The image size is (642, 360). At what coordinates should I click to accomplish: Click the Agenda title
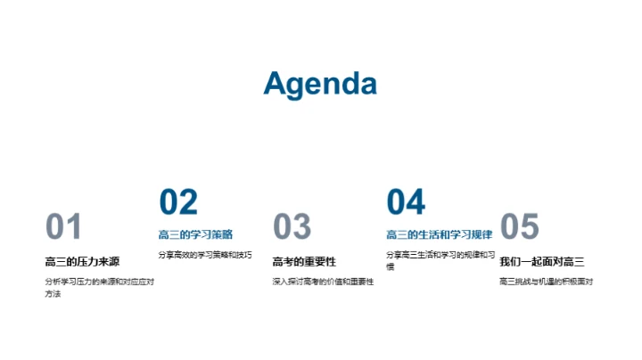pyautogui.click(x=320, y=83)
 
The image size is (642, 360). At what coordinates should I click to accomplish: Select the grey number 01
pyautogui.click(x=63, y=227)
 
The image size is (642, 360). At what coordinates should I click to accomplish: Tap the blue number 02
pyautogui.click(x=178, y=202)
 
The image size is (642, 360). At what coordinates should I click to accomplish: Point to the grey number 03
pyautogui.click(x=292, y=227)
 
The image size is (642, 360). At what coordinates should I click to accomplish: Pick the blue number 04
pyautogui.click(x=406, y=202)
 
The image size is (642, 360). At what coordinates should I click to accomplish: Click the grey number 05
pyautogui.click(x=520, y=227)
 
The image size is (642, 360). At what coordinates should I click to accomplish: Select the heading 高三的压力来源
pyautogui.click(x=82, y=261)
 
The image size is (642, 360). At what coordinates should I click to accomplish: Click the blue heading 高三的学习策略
pyautogui.click(x=195, y=234)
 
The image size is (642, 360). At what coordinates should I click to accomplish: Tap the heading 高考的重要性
pyautogui.click(x=304, y=261)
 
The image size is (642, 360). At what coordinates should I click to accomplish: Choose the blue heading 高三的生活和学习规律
pyautogui.click(x=439, y=234)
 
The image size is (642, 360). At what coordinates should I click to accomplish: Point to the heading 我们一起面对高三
pyautogui.click(x=542, y=261)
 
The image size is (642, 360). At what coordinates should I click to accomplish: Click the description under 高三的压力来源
pyautogui.click(x=99, y=287)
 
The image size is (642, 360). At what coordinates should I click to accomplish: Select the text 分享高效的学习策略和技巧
pyautogui.click(x=205, y=254)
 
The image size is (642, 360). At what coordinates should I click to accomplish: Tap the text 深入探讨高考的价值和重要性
pyautogui.click(x=323, y=282)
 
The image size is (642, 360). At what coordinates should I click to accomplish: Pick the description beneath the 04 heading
pyautogui.click(x=440, y=259)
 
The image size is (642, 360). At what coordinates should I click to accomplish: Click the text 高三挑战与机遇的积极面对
pyautogui.click(x=546, y=282)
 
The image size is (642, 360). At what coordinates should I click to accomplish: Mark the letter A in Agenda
pyautogui.click(x=276, y=83)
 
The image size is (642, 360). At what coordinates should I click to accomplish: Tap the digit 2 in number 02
pyautogui.click(x=188, y=202)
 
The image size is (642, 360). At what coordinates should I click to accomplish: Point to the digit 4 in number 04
pyautogui.click(x=416, y=202)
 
